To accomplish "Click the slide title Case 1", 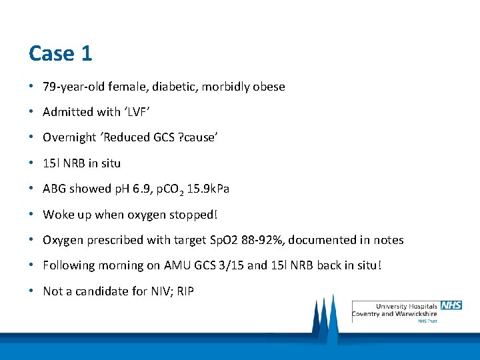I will (x=61, y=53).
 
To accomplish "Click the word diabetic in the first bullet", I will (x=176, y=87).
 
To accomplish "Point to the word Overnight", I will (x=69, y=137).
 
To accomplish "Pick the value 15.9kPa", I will (x=208, y=189).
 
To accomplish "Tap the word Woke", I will (x=57, y=215).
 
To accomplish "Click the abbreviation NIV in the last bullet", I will (x=154, y=291).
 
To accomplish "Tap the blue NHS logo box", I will (x=450, y=305).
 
